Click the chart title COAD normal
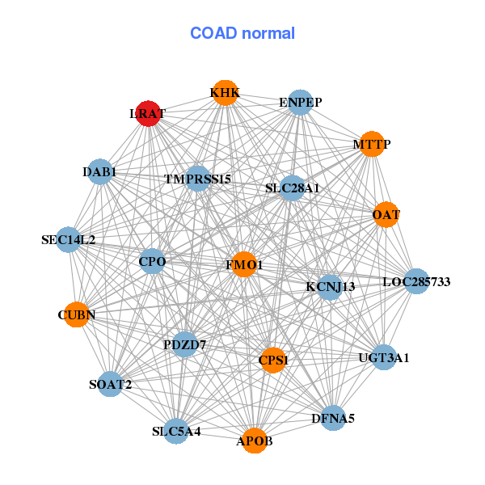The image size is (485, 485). (x=242, y=34)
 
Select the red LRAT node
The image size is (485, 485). (x=148, y=113)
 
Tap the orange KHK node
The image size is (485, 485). (x=224, y=94)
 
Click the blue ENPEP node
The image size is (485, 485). (x=300, y=103)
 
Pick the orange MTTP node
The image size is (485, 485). (x=371, y=145)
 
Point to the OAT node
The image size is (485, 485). (x=386, y=215)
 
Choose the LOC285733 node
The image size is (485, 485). (x=415, y=281)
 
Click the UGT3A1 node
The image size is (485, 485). (x=383, y=356)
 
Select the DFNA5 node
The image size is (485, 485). (x=333, y=418)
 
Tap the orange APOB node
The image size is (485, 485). (x=255, y=441)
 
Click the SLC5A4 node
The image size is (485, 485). (x=176, y=431)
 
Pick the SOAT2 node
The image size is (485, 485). (x=111, y=384)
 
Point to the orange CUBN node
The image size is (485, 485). (x=76, y=314)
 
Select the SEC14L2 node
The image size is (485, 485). (x=69, y=239)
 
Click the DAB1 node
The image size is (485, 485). (x=99, y=171)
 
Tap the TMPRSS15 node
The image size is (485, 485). (x=198, y=178)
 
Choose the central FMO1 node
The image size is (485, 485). (x=244, y=264)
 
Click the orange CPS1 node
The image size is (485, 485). (x=273, y=361)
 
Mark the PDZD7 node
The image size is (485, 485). (x=185, y=344)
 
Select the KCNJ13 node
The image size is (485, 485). (x=330, y=286)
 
